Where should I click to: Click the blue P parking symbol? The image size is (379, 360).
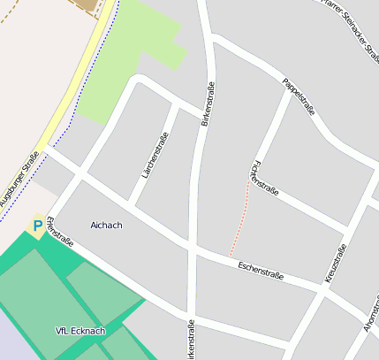(x=38, y=226)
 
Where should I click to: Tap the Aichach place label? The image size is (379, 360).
(x=106, y=226)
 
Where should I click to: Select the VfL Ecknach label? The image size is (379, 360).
(x=80, y=331)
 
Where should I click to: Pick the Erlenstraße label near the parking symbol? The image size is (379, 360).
(x=60, y=232)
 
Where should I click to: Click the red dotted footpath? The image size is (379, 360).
(x=240, y=221)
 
